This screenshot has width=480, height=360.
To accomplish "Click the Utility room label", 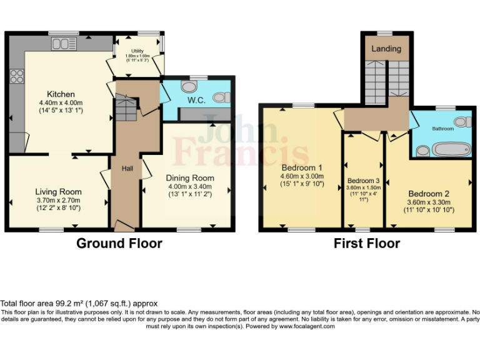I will tap(137, 51).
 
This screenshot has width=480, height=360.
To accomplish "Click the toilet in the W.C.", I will tap(218, 97).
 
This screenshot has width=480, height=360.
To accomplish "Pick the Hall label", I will tap(127, 168).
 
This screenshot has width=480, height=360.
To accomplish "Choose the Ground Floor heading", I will tap(119, 244).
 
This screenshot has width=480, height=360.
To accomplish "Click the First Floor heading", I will tap(366, 244).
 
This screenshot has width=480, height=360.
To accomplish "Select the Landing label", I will tap(386, 49).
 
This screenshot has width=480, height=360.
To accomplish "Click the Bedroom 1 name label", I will tap(302, 167).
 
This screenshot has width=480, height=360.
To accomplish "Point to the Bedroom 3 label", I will tap(363, 181).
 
